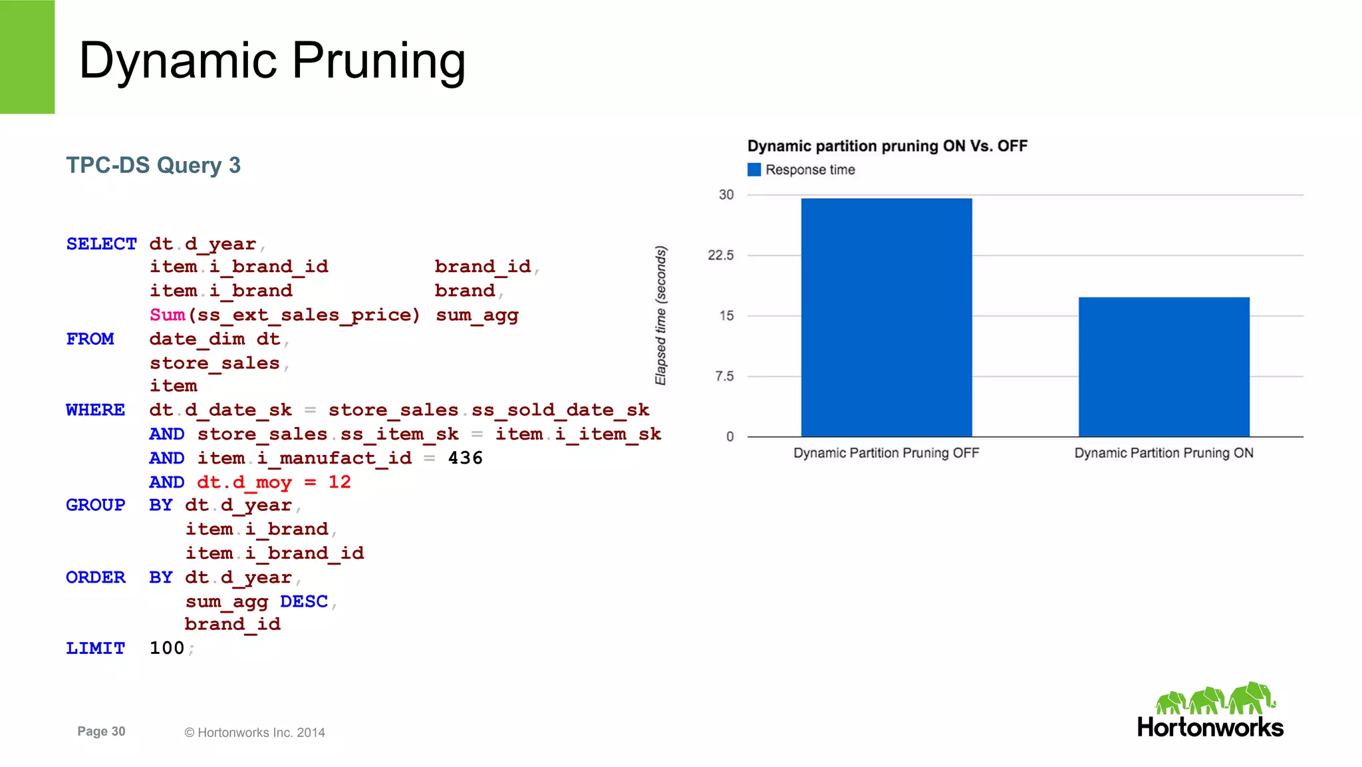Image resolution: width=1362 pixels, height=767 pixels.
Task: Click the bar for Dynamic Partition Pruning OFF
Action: click(886, 317)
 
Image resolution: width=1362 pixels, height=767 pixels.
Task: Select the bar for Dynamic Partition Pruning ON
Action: click(1163, 367)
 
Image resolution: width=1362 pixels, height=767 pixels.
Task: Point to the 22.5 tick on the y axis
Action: click(720, 255)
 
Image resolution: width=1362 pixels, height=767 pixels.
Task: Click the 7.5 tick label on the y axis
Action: click(724, 377)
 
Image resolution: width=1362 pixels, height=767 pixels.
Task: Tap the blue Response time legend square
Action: click(753, 170)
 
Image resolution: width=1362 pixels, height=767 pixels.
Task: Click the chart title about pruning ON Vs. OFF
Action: click(886, 146)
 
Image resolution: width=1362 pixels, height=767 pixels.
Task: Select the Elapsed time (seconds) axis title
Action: click(660, 315)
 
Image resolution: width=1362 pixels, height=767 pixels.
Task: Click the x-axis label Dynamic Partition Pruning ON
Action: click(1163, 453)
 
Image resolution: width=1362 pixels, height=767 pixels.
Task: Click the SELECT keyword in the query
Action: click(101, 244)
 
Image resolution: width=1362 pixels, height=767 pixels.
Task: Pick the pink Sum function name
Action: click(167, 315)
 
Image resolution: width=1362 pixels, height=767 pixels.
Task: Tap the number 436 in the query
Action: click(465, 458)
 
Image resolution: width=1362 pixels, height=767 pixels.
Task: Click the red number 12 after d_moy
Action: click(339, 482)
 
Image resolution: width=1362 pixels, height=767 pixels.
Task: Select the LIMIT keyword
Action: click(95, 648)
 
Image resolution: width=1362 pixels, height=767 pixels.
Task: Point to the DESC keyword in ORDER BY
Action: click(304, 601)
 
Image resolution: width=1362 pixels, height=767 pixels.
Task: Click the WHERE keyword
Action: click(95, 410)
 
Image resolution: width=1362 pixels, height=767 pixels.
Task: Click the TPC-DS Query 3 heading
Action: click(153, 165)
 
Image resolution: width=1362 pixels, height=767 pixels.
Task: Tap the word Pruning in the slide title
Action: click(378, 61)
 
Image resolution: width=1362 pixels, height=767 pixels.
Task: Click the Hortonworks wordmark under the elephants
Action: click(1210, 727)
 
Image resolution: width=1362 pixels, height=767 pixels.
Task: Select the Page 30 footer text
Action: click(101, 731)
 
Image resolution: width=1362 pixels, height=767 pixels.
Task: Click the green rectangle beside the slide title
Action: click(27, 57)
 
